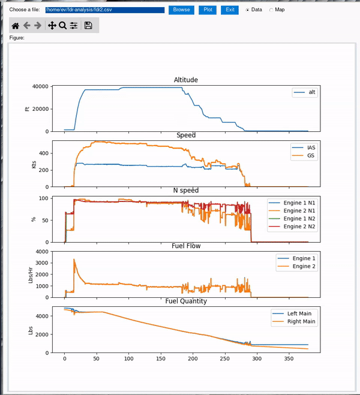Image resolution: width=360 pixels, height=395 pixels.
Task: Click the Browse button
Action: click(x=181, y=10)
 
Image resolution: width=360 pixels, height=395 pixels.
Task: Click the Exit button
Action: click(x=230, y=10)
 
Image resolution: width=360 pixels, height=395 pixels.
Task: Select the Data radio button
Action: click(x=248, y=10)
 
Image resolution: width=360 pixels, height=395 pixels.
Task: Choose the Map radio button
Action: click(x=271, y=10)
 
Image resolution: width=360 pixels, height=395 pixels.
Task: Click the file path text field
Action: click(x=104, y=10)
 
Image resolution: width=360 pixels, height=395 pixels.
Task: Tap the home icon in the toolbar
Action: click(x=16, y=26)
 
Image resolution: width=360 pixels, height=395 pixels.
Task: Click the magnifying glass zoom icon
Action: click(x=62, y=26)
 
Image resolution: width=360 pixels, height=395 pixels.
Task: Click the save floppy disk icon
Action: click(x=88, y=26)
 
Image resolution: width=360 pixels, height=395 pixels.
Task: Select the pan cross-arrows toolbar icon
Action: click(x=52, y=26)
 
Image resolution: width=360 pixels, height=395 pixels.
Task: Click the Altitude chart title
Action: click(x=185, y=80)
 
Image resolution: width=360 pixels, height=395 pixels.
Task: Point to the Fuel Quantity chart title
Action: click(x=185, y=301)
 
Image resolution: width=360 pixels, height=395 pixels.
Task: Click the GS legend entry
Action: click(x=311, y=156)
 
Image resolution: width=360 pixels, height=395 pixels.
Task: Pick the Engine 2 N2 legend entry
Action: click(x=298, y=227)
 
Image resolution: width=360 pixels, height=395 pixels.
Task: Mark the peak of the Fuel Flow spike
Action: click(x=74, y=260)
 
